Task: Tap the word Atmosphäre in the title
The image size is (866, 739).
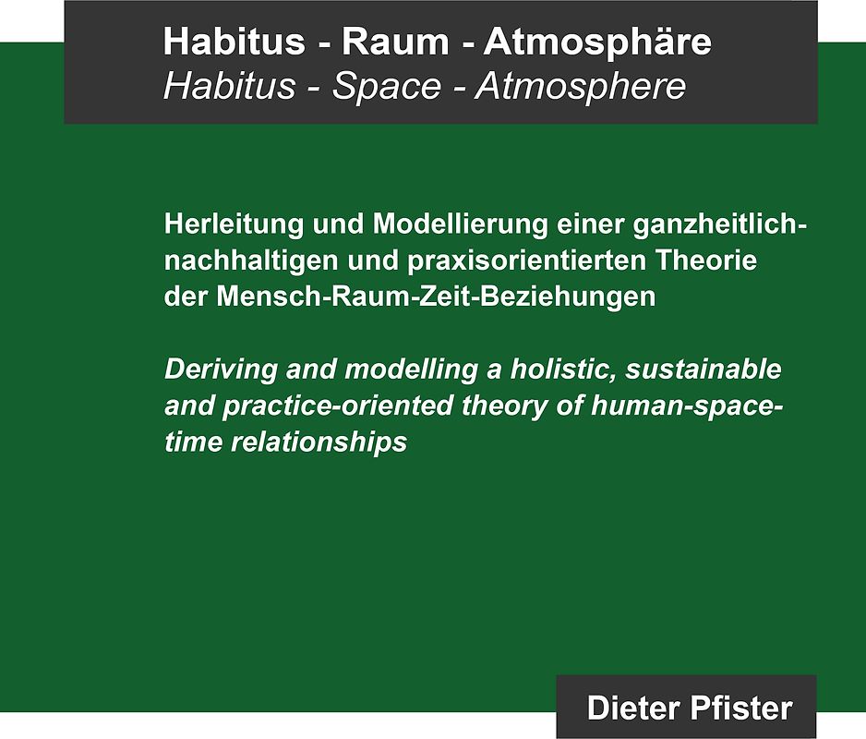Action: [597, 42]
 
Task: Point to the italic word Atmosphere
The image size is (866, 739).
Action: [581, 86]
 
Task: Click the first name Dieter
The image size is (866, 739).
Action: [632, 709]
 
